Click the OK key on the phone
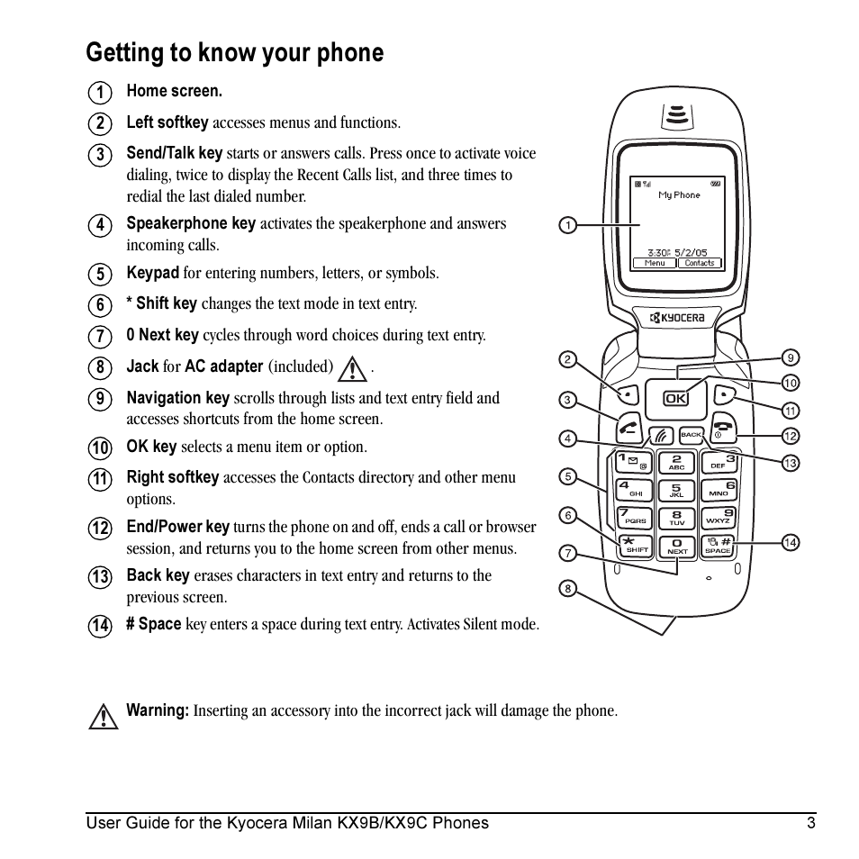pos(675,398)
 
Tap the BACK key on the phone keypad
pos(691,435)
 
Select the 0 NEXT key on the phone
pos(676,546)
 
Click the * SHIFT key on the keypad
pos(636,544)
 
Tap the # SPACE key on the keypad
pos(719,544)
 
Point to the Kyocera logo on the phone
pos(677,317)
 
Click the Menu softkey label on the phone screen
pos(655,263)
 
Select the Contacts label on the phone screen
pos(700,263)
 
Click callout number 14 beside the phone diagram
pos(790,542)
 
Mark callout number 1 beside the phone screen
pos(566,225)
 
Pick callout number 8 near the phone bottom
pos(567,589)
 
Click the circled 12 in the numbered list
pos(100,529)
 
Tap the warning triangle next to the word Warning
pos(104,715)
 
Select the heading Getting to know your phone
pos(234,53)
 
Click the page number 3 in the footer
pos(810,822)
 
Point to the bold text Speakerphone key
pos(191,223)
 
